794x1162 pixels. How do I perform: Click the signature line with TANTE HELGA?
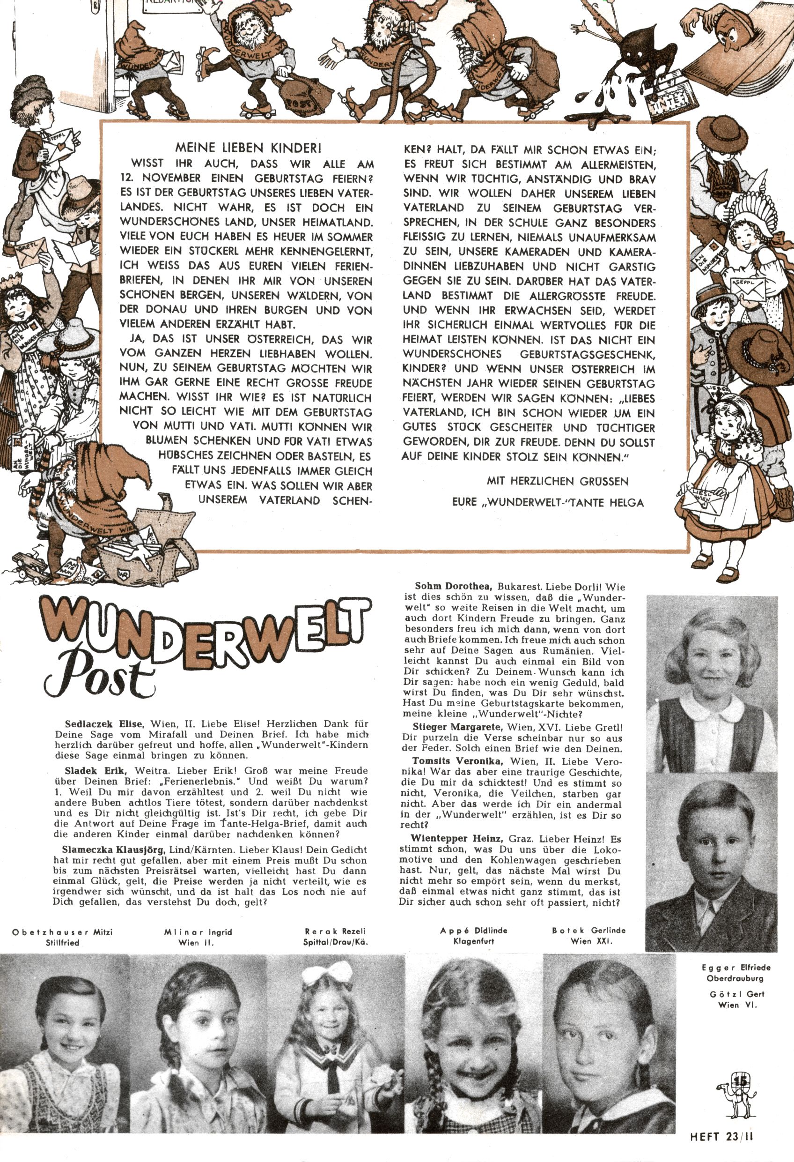point(548,502)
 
